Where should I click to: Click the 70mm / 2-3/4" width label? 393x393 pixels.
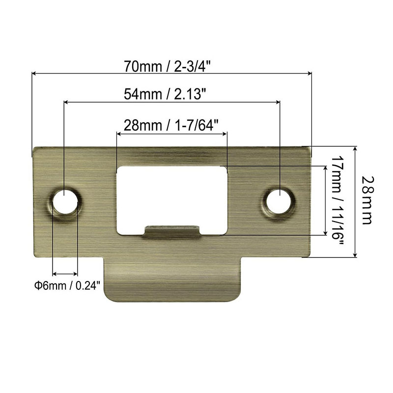171,65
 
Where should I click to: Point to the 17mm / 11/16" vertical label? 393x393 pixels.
337,201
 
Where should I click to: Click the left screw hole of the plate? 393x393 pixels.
65,201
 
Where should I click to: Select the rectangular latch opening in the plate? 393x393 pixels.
172,194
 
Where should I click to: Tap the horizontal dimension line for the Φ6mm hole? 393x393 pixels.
65,274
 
